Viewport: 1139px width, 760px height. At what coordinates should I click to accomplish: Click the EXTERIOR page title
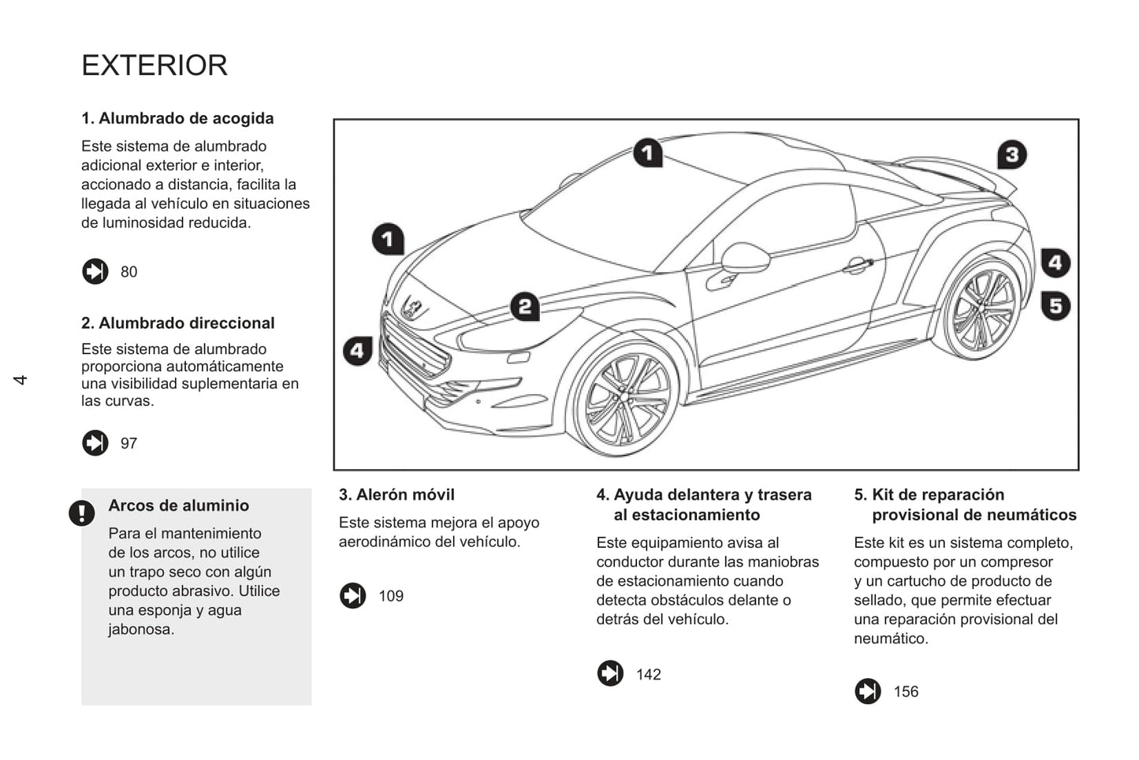(x=154, y=65)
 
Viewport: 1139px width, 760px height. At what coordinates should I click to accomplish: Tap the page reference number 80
(x=128, y=272)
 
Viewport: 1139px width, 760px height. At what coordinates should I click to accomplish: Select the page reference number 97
(x=128, y=444)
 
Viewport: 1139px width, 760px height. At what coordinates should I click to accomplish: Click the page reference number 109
(x=391, y=596)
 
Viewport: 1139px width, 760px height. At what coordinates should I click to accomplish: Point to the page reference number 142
(x=649, y=675)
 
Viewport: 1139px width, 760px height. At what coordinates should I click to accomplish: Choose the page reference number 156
(x=906, y=692)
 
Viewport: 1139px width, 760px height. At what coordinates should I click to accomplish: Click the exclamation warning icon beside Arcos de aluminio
(x=81, y=513)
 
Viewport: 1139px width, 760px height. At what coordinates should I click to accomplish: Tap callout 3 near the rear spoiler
(x=1012, y=155)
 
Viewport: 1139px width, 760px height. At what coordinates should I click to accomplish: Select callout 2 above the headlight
(x=525, y=306)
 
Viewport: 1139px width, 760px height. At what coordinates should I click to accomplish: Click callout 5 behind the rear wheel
(x=1055, y=305)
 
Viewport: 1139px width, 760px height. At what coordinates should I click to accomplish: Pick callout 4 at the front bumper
(x=357, y=350)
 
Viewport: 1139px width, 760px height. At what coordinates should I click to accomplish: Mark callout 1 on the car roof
(x=648, y=152)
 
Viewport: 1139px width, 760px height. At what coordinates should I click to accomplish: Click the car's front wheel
(x=625, y=400)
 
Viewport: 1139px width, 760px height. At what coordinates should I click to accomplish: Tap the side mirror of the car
(x=744, y=257)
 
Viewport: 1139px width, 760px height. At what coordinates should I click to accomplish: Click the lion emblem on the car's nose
(x=412, y=307)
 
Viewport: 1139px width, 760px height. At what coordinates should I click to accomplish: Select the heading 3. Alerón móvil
(x=396, y=495)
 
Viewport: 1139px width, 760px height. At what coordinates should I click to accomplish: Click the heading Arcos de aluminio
(x=178, y=506)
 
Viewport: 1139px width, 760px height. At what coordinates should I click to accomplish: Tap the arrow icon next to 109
(x=352, y=596)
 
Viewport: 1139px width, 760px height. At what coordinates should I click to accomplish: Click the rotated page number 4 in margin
(x=20, y=380)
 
